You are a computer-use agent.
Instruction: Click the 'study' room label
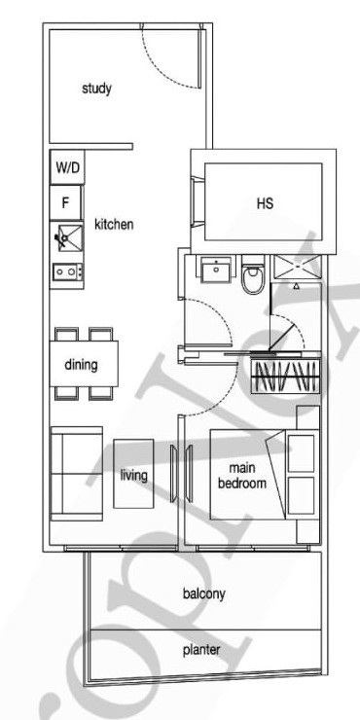point(96,89)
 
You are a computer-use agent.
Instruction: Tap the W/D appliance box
point(67,167)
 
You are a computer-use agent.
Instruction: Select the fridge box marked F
point(65,202)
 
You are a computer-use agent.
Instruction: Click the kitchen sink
point(67,237)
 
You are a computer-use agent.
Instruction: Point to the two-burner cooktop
point(67,271)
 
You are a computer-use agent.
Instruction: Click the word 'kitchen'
point(114,225)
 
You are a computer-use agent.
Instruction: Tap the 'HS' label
point(265,202)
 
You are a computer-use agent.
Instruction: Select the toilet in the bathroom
point(252,275)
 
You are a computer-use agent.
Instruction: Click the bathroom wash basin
point(216,270)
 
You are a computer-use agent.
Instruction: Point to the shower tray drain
point(296,268)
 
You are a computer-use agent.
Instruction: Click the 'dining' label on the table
point(81,365)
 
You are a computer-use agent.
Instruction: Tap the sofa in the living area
point(77,474)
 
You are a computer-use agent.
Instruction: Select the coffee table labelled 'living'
point(133,474)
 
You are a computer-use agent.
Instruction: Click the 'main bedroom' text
point(242,475)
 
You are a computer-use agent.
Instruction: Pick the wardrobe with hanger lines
point(285,377)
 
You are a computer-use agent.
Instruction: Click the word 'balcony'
point(204,594)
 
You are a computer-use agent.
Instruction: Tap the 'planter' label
point(201,650)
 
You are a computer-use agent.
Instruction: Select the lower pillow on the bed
point(302,495)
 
